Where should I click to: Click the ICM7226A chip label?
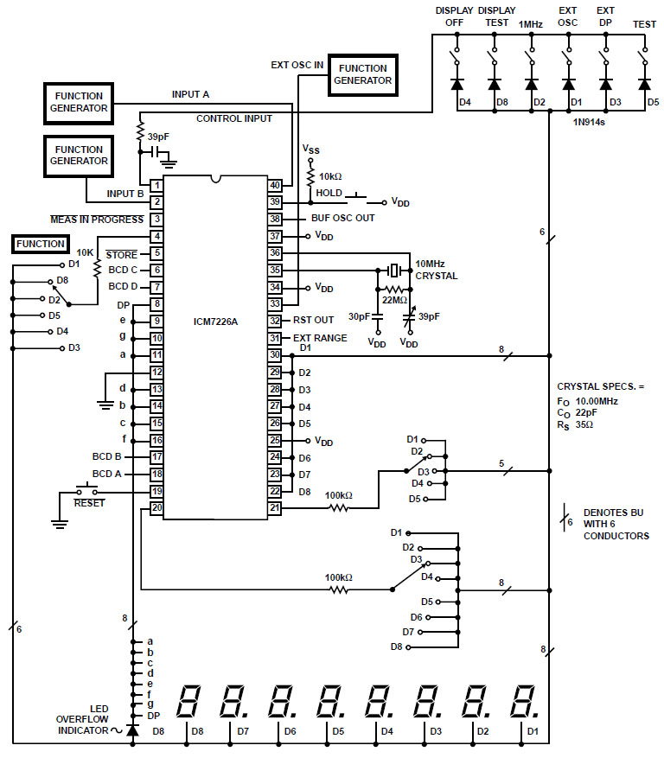point(215,322)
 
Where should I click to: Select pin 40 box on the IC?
point(275,185)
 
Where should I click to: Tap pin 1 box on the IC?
point(156,185)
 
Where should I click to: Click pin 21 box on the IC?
point(275,507)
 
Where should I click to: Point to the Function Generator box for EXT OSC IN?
point(364,73)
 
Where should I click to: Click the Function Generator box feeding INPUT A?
point(77,102)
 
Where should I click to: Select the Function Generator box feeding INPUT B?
point(77,155)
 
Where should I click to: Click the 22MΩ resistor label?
point(394,300)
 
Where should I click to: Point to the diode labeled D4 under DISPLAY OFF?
point(456,85)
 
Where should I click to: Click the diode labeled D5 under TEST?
point(643,85)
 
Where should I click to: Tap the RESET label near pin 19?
point(89,502)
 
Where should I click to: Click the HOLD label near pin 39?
point(329,193)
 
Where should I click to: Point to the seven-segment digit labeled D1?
point(522,703)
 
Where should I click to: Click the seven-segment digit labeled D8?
point(191,703)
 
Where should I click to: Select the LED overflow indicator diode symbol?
point(131,730)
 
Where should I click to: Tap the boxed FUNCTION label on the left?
point(40,244)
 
